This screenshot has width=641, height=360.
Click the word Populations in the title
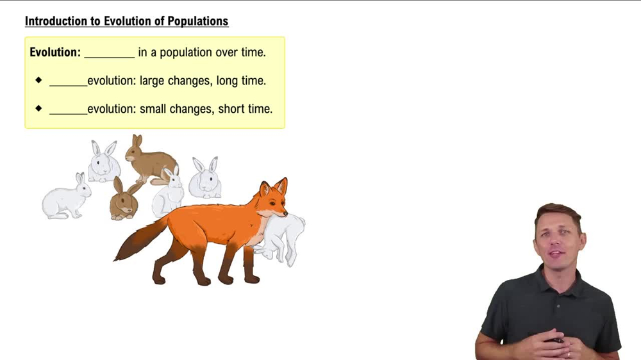(198, 21)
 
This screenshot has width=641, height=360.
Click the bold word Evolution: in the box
(55, 53)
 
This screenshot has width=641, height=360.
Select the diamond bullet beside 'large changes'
(38, 80)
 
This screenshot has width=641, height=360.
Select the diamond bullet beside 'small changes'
(38, 108)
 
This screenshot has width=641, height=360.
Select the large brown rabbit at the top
(149, 160)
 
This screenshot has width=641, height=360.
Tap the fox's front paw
(252, 279)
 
